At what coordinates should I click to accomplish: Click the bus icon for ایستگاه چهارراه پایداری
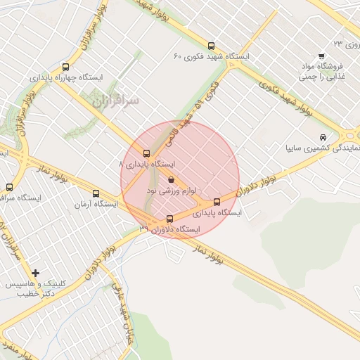pos(66,68)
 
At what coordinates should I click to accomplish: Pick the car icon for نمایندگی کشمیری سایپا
pos(322,137)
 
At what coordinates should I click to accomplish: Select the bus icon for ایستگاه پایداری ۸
pos(146,153)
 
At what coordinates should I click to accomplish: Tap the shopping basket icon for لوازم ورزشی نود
pos(172,180)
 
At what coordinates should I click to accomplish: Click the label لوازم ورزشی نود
pos(172,190)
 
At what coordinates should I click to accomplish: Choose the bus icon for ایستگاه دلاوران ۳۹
pos(169,219)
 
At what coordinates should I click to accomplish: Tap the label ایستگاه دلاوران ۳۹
pos(169,229)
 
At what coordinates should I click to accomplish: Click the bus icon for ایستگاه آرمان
pos(96,194)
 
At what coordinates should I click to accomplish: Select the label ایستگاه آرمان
pos(95,205)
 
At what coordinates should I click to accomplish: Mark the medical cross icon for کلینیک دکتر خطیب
pos(35,272)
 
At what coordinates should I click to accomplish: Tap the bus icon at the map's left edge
pos(9,187)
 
